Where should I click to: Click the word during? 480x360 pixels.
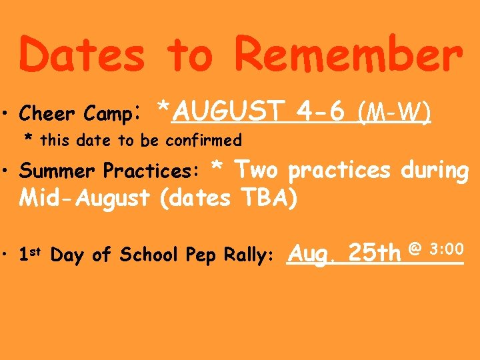tap(435, 171)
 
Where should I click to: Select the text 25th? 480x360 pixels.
tap(375, 253)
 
